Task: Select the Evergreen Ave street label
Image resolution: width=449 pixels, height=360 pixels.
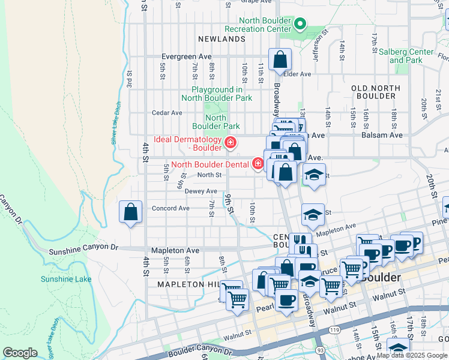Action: [186, 56]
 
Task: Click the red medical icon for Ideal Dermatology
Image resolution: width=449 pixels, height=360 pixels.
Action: [229, 142]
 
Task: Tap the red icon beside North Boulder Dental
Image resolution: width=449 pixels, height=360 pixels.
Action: [258, 163]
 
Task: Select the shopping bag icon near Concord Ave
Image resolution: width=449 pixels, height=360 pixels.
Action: [131, 212]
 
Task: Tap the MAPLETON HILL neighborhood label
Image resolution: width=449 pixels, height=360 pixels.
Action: [186, 284]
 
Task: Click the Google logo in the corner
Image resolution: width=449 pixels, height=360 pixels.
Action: [20, 353]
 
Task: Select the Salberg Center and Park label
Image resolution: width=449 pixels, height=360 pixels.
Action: [406, 56]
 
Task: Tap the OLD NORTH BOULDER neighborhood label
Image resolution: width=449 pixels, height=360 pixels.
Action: [376, 92]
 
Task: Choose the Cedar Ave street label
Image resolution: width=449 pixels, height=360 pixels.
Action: [167, 112]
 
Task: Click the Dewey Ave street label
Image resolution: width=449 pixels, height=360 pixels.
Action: [200, 191]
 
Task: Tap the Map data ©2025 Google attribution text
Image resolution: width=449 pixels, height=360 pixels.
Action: [412, 356]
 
